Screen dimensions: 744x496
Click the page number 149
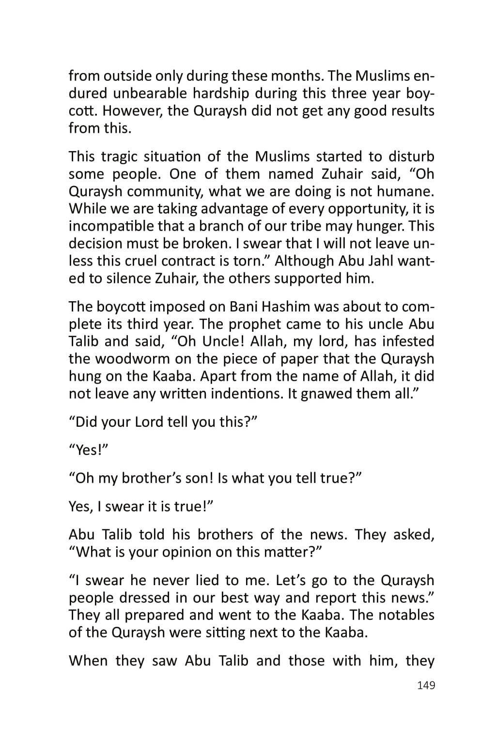pos(426,685)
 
